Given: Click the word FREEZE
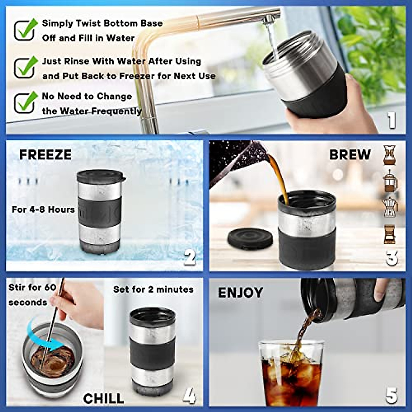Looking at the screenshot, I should tap(45, 155).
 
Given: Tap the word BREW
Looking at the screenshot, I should tap(350, 154).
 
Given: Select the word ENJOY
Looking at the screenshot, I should tap(240, 293).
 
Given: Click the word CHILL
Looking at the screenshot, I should tap(103, 398).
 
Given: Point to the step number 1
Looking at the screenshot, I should tap(391, 121).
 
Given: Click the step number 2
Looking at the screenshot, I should tap(190, 257).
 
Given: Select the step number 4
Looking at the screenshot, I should tap(189, 396).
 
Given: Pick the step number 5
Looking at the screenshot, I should tap(391, 396).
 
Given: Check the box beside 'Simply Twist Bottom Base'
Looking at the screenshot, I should tap(25, 30).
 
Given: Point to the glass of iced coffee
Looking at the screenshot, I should tap(290, 373).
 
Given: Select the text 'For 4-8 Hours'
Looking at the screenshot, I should tap(43, 209).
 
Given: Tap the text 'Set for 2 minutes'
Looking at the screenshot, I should tap(153, 289).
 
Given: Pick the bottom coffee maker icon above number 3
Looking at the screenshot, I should tap(390, 234).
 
